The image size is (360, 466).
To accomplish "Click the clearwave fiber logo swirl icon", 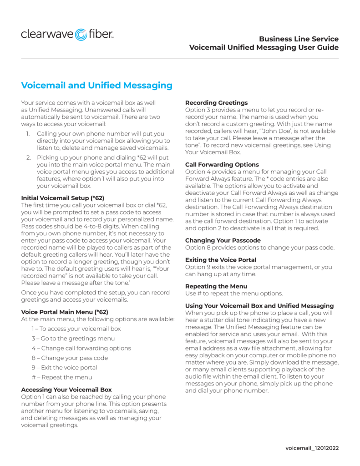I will (81, 34).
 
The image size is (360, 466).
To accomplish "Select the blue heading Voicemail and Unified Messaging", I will (97, 86).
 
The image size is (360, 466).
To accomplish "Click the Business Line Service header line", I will (299, 39).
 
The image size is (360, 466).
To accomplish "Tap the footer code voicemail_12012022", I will (312, 448).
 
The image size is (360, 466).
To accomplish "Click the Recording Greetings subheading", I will (216, 103).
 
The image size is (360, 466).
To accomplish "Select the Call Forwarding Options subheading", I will (222, 164).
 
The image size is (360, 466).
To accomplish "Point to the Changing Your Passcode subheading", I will (223, 240).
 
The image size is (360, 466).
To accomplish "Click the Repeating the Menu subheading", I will (216, 286).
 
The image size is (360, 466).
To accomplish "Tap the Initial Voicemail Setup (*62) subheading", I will (62, 198).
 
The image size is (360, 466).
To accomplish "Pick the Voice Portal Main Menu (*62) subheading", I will (65, 312).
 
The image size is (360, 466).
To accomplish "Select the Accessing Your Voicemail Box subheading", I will (66, 390).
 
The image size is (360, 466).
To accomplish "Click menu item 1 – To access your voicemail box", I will (76, 329).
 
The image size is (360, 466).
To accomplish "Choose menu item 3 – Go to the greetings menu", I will (73, 338).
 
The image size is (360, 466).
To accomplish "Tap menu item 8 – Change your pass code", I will (70, 358).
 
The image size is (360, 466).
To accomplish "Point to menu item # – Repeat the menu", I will (62, 377).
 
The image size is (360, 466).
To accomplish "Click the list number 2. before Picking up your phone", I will (28, 157).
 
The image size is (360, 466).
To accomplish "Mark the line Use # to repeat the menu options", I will (233, 294).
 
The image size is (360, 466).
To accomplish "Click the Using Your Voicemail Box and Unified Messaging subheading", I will (259, 305).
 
